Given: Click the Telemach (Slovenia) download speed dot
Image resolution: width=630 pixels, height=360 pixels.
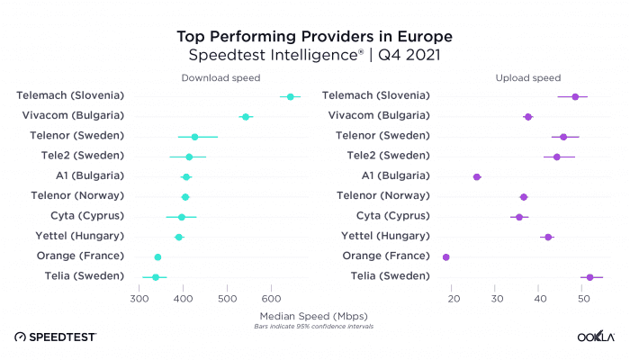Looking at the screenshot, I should coord(290,96).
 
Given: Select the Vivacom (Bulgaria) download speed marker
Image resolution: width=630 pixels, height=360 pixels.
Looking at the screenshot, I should coord(245,116).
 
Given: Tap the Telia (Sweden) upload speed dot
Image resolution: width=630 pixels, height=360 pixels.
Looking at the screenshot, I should coord(589,277).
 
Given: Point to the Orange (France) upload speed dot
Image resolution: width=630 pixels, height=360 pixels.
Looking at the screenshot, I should coord(446,257).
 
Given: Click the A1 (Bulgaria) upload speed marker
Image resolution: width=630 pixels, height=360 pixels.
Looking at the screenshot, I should coord(477,176).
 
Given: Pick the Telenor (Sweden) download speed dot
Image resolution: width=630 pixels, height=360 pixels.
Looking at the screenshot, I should coord(194,137).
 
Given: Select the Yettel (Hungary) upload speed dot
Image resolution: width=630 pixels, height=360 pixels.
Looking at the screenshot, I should coord(548,237).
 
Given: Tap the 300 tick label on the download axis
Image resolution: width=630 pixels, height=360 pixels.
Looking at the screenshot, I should coord(139,298).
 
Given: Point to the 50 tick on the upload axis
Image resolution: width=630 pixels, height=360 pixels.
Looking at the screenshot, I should coord(581,298).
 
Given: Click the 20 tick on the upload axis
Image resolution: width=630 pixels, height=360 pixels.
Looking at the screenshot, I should coord(454,298).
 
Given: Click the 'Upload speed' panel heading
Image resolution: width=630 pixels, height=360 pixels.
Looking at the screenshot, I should coord(528,78).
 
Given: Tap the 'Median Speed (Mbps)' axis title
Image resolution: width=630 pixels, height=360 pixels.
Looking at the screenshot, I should coord(313,316).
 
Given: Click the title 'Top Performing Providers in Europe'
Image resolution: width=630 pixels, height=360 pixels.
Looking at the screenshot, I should coord(314,36).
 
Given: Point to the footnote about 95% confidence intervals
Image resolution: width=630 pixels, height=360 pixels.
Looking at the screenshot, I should coord(313,326).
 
